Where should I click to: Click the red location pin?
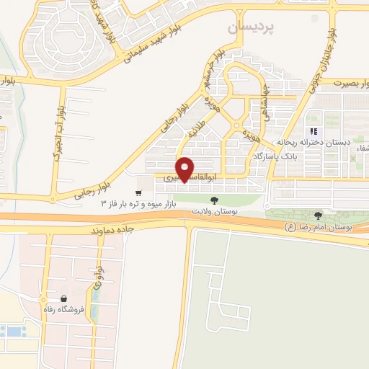click(x=185, y=169)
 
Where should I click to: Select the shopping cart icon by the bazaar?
click(x=138, y=183)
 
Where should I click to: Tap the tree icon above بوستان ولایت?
click(x=213, y=200)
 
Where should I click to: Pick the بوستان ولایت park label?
click(x=213, y=211)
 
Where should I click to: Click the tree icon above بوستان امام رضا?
click(x=319, y=215)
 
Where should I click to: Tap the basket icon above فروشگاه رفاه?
click(x=63, y=298)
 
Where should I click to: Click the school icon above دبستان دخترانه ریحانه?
click(x=314, y=131)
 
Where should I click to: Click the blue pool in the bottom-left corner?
click(x=12, y=332)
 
